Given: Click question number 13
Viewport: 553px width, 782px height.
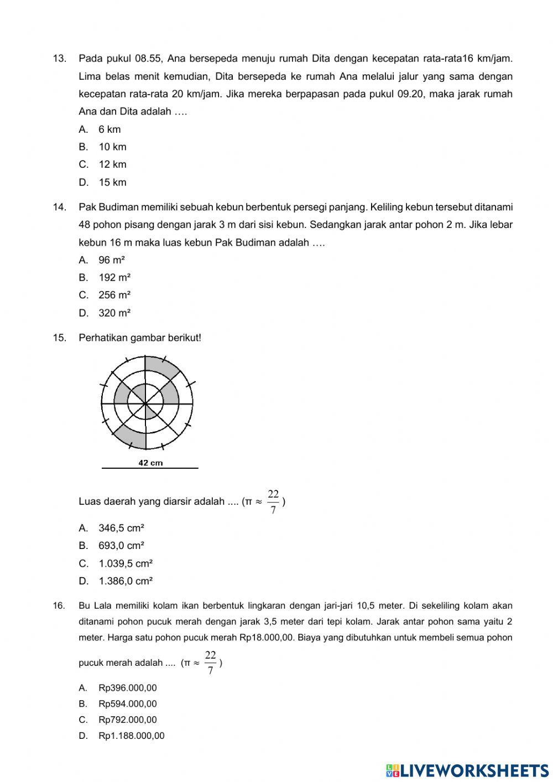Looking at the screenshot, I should point(59,58).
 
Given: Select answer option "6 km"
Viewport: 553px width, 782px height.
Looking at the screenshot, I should point(109,130).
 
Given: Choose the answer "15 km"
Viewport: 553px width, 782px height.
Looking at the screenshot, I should point(112,182).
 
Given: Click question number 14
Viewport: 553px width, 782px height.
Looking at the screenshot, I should point(59,208).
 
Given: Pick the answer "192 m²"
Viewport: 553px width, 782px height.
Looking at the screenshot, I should point(114,277).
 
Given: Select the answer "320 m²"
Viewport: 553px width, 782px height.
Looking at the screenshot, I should point(114,313).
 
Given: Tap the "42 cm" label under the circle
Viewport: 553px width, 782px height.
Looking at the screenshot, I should point(150,463).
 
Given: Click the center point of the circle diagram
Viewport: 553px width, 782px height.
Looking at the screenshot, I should point(146,403).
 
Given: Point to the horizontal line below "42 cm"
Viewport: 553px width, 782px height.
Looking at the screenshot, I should point(150,469).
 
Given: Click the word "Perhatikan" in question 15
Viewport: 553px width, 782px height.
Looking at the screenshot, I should point(103,338).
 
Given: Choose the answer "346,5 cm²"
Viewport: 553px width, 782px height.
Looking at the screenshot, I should point(121,528).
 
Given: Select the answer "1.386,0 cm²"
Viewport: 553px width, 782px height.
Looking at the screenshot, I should point(126,581).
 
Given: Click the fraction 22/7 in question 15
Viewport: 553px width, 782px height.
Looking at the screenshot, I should point(273,501).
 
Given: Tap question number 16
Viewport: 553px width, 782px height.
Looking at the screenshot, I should point(59,606).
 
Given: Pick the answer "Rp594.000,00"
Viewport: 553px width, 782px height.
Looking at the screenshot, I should point(127,704).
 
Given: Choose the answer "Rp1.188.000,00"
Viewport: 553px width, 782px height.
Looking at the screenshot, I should point(131,736).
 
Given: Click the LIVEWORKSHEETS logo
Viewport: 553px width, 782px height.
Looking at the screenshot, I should point(467,770).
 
